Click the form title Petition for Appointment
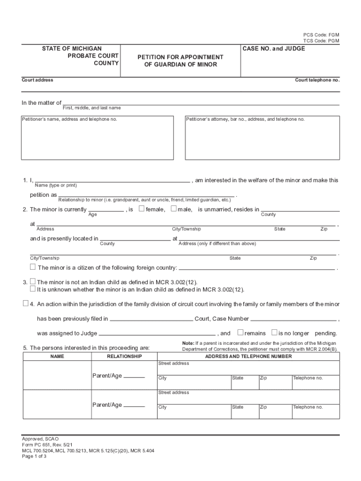180,57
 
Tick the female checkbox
142,209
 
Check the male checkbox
173,209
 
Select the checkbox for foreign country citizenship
33,267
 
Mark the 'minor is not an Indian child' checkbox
33,281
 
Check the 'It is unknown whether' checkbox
33,289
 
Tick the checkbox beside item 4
26,303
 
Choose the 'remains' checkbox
240,333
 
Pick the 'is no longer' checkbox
274,333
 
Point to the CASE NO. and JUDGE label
274,48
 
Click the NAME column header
57,357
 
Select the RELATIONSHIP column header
124,357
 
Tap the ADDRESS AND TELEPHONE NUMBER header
248,357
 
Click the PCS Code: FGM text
321,35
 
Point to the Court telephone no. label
317,80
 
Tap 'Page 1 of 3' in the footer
34,456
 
